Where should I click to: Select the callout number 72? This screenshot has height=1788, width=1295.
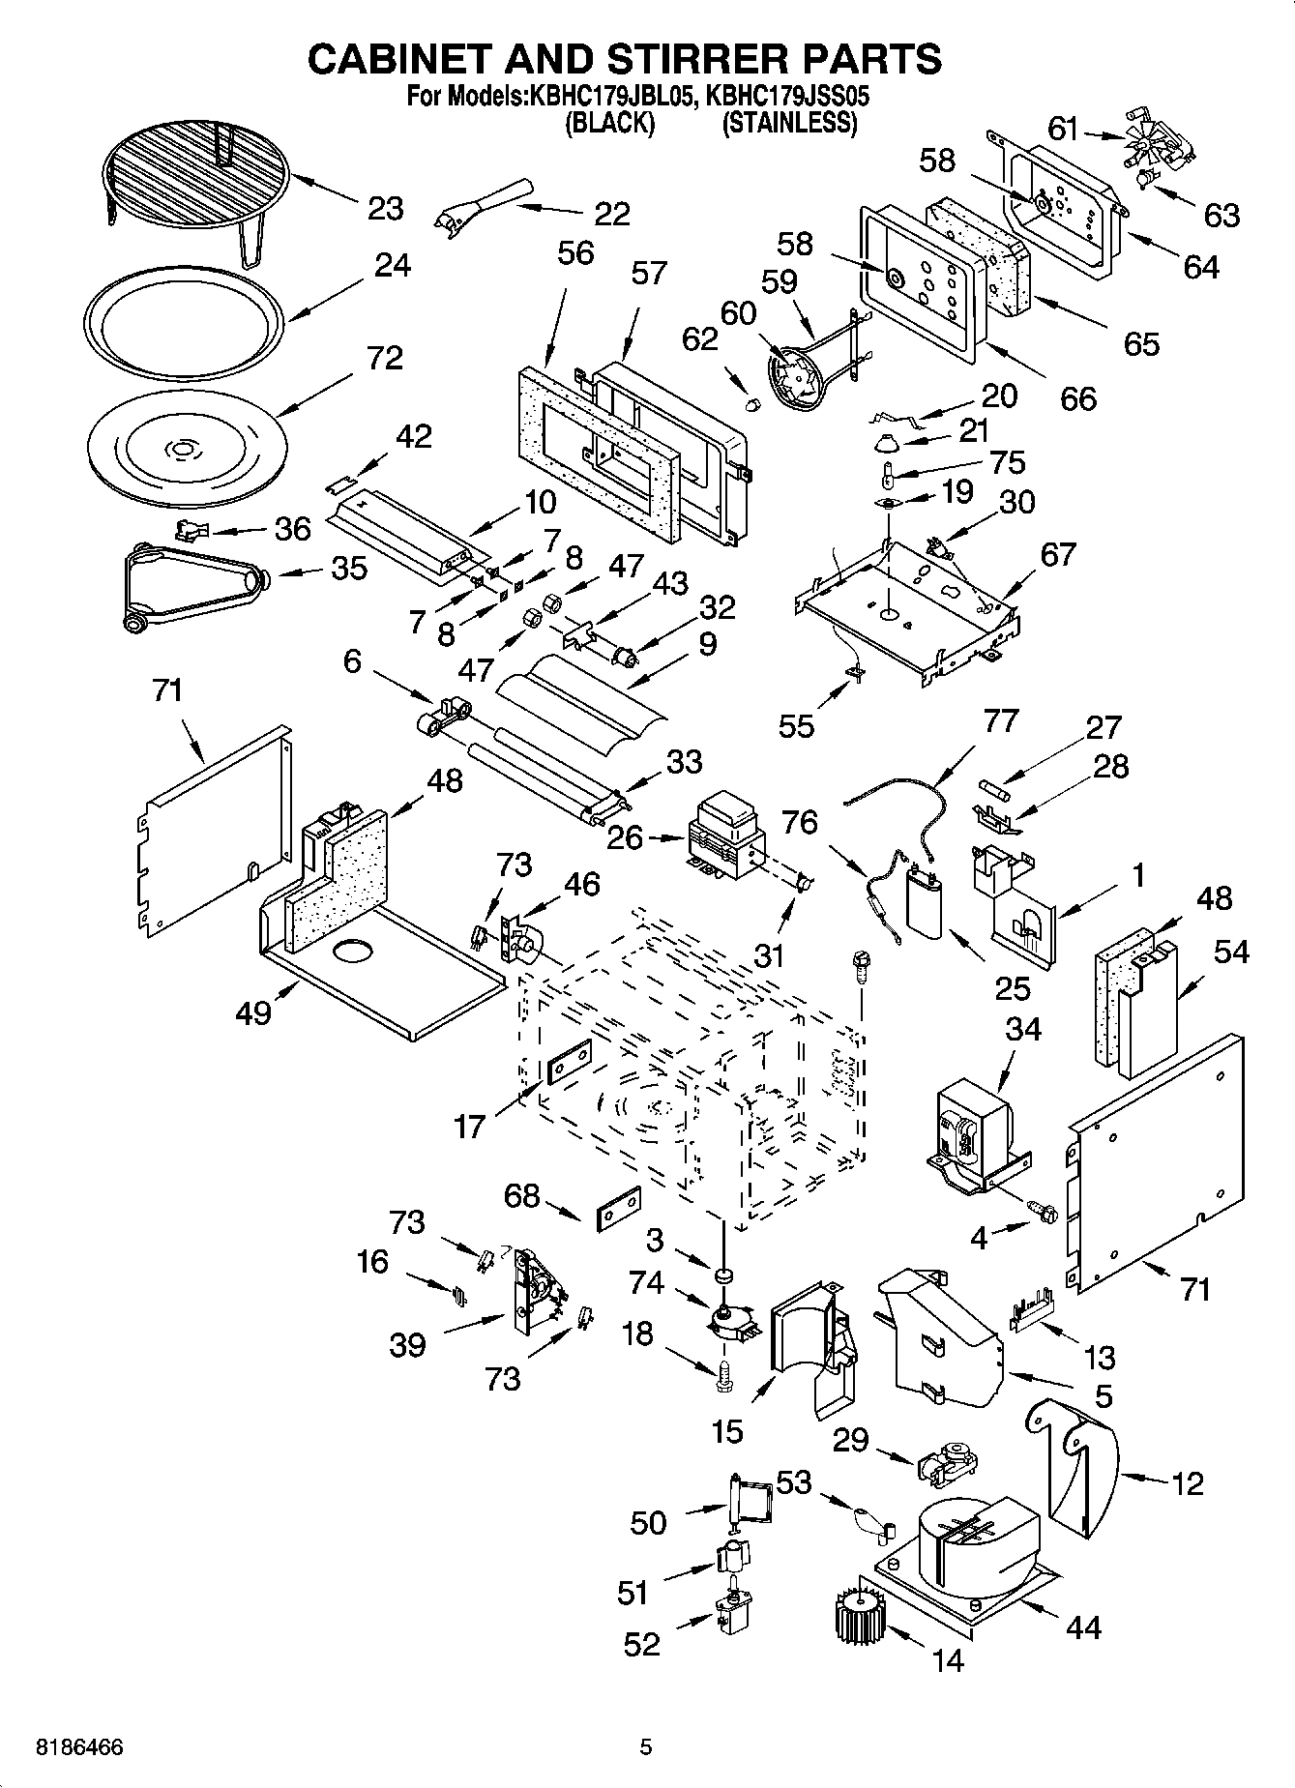pos(384,359)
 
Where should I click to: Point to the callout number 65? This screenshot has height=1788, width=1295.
pos(1141,344)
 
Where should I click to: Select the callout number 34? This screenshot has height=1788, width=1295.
pos(1022,1029)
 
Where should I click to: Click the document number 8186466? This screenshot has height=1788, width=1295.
pos(79,1748)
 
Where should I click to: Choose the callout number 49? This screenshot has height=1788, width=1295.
pos(252,1013)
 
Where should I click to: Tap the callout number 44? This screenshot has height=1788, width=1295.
pos(1083,1628)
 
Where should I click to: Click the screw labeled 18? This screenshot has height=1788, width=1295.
pos(722,1375)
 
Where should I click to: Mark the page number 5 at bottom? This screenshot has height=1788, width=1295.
pos(646,1748)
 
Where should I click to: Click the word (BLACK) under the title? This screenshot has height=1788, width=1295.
pos(609,124)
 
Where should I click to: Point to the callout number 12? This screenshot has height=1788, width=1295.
pos(1188,1483)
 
